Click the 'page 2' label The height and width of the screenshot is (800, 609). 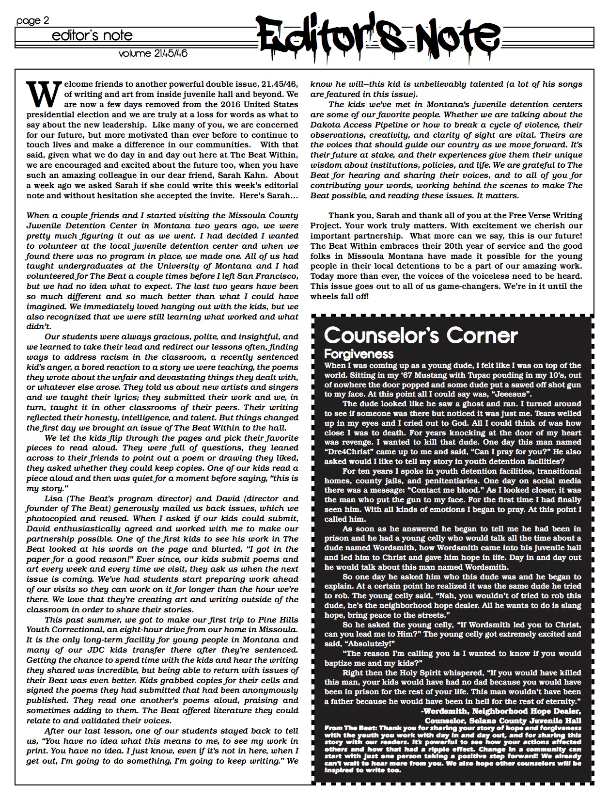(32, 20)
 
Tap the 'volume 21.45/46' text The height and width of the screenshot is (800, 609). (153, 54)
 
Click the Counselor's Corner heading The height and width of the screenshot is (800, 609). (421, 336)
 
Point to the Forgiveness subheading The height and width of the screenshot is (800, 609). (358, 354)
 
